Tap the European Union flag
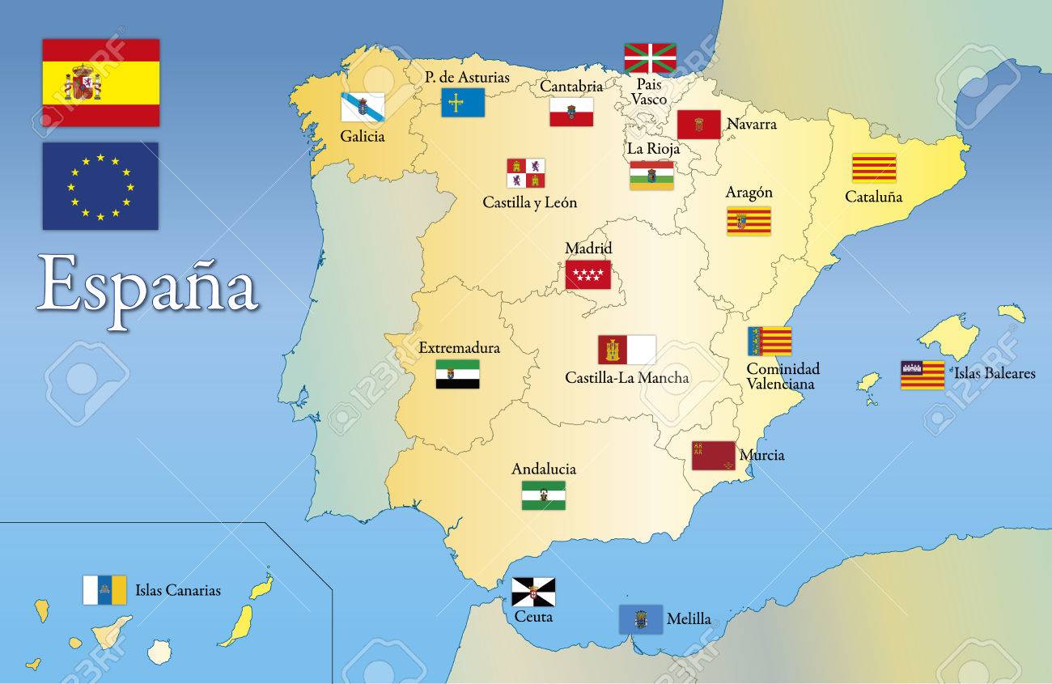pos(100,186)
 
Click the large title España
pos(147,285)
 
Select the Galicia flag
pos(362,107)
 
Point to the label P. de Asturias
pos(467,78)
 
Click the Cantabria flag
pos(571,112)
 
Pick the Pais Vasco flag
pos(650,58)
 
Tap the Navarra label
pos(751,124)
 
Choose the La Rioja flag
pos(651,176)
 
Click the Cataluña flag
pos(873,168)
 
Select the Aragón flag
pos(749,221)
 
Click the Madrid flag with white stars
pos(588,274)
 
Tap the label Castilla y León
pos(529,202)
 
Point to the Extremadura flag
pos(457,373)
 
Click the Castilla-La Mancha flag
pos(626,350)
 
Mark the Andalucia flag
pos(543,495)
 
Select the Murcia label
pos(761,455)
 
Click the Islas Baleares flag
pos(922,375)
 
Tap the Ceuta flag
pos(533,592)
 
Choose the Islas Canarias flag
pos(105,590)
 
